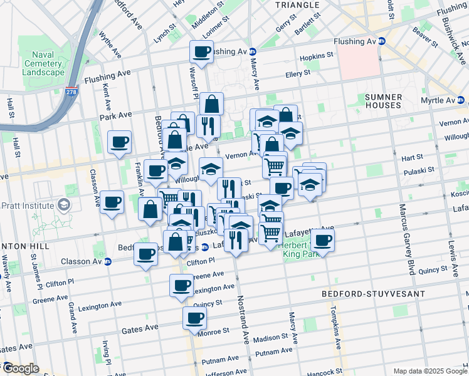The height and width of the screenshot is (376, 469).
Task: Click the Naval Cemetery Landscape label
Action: pos(45,63)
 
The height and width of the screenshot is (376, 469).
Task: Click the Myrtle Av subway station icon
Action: pos(461,100)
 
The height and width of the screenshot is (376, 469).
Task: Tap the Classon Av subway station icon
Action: pos(108,261)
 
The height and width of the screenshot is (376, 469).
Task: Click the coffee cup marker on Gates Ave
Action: pos(194,317)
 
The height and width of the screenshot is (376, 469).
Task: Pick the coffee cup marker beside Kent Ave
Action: pos(119,142)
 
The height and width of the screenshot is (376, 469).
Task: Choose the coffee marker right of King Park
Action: pos(323,239)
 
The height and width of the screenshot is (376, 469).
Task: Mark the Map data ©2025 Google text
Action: pos(429,371)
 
